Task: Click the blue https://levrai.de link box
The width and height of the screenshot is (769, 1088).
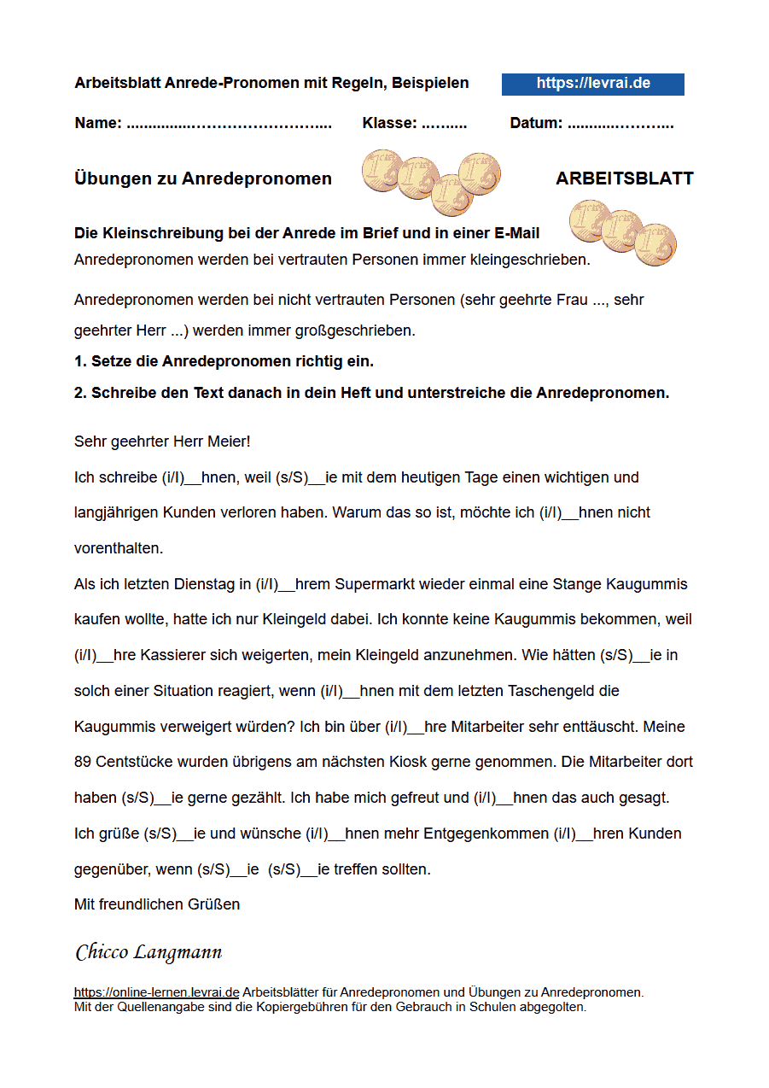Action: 593,84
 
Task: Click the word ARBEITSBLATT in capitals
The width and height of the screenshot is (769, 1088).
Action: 624,178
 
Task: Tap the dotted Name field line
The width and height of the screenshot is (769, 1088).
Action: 229,125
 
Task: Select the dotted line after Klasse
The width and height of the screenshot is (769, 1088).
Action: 444,125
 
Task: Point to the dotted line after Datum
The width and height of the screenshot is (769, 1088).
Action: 620,125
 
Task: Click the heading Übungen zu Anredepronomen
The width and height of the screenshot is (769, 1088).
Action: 203,178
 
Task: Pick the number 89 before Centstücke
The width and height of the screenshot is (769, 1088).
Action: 83,761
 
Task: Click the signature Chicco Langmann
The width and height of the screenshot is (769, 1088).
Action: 149,951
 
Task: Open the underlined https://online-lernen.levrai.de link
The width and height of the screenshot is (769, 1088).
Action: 156,992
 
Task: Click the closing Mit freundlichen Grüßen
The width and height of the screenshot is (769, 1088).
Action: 157,904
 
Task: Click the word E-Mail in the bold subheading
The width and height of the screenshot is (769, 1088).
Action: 516,233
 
